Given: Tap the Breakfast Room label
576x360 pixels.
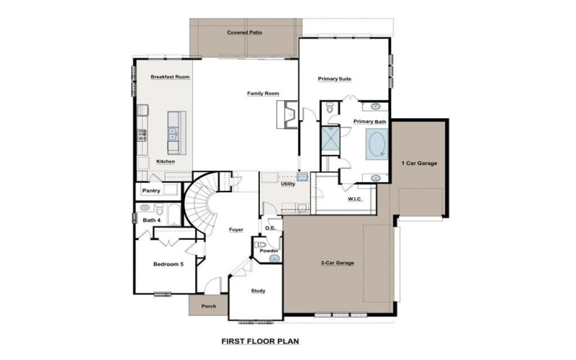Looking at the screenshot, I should [170, 76].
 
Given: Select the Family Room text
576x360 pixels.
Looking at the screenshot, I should [263, 94].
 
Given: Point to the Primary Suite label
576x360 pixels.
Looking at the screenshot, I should [335, 78].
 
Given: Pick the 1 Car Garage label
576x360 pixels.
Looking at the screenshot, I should [419, 163].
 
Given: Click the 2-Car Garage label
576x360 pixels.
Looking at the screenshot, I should [337, 264].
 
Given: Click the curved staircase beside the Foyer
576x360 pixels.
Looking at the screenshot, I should [199, 206].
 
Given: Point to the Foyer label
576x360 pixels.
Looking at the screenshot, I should [236, 230].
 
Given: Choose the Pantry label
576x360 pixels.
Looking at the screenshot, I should [151, 191].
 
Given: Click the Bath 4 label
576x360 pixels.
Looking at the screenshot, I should [150, 220].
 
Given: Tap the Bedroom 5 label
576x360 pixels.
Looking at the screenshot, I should [168, 264].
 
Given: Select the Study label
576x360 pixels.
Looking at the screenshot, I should [258, 291].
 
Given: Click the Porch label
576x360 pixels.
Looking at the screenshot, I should [209, 306].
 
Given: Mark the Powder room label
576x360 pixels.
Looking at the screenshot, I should [269, 251].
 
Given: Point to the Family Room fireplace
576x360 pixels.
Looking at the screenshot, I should [287, 114].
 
